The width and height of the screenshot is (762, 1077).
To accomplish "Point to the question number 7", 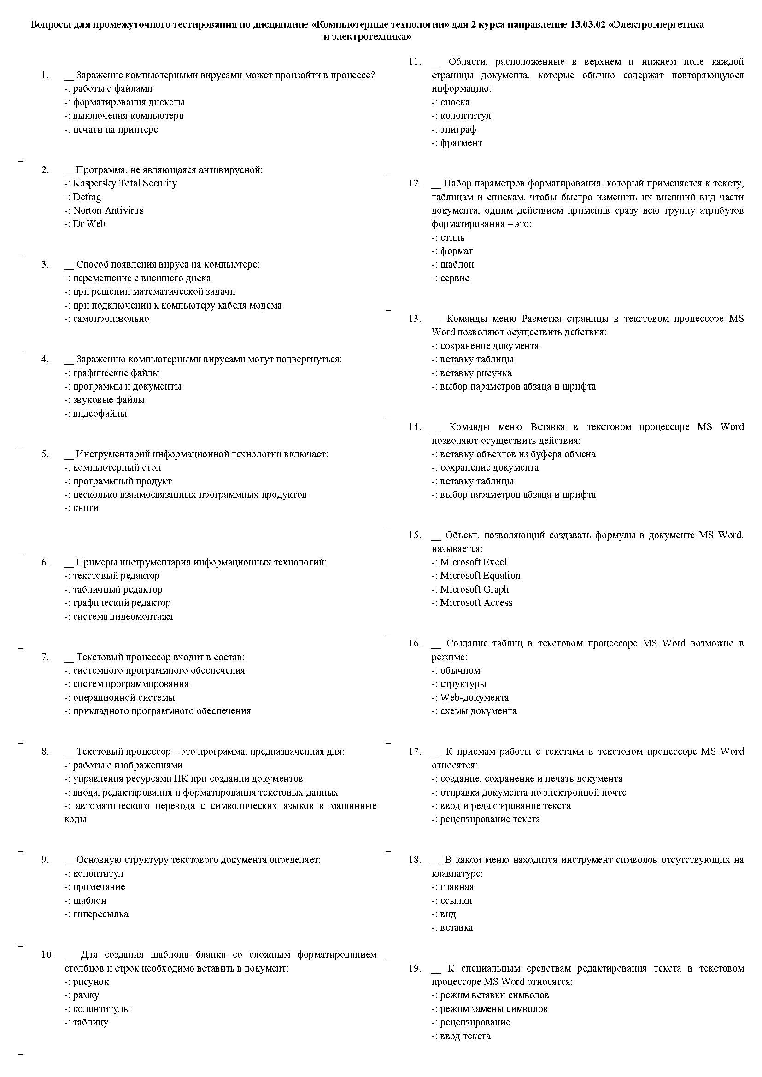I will (x=45, y=657).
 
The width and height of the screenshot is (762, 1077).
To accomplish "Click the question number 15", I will (x=414, y=535).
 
